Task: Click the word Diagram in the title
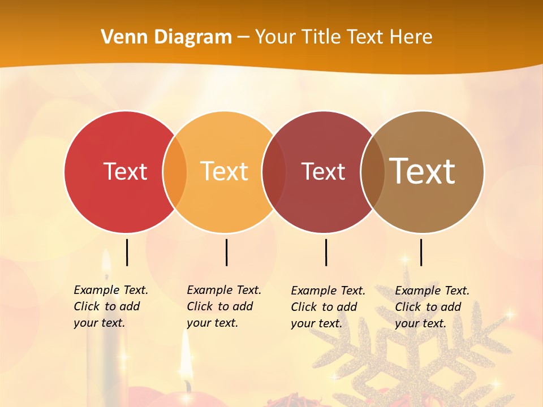click(193, 37)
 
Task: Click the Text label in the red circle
click(125, 171)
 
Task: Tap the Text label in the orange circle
click(224, 171)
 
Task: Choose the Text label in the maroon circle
click(323, 171)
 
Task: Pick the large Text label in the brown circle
click(423, 171)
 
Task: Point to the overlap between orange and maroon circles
click(274, 172)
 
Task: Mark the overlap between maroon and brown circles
click(373, 172)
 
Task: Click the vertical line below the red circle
click(127, 252)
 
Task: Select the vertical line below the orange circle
click(226, 252)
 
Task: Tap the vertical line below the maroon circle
click(326, 252)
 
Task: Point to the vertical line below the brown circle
click(421, 252)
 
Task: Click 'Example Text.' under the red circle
click(111, 290)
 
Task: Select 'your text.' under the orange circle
click(212, 323)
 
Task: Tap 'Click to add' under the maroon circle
click(324, 307)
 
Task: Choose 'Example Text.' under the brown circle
click(432, 291)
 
